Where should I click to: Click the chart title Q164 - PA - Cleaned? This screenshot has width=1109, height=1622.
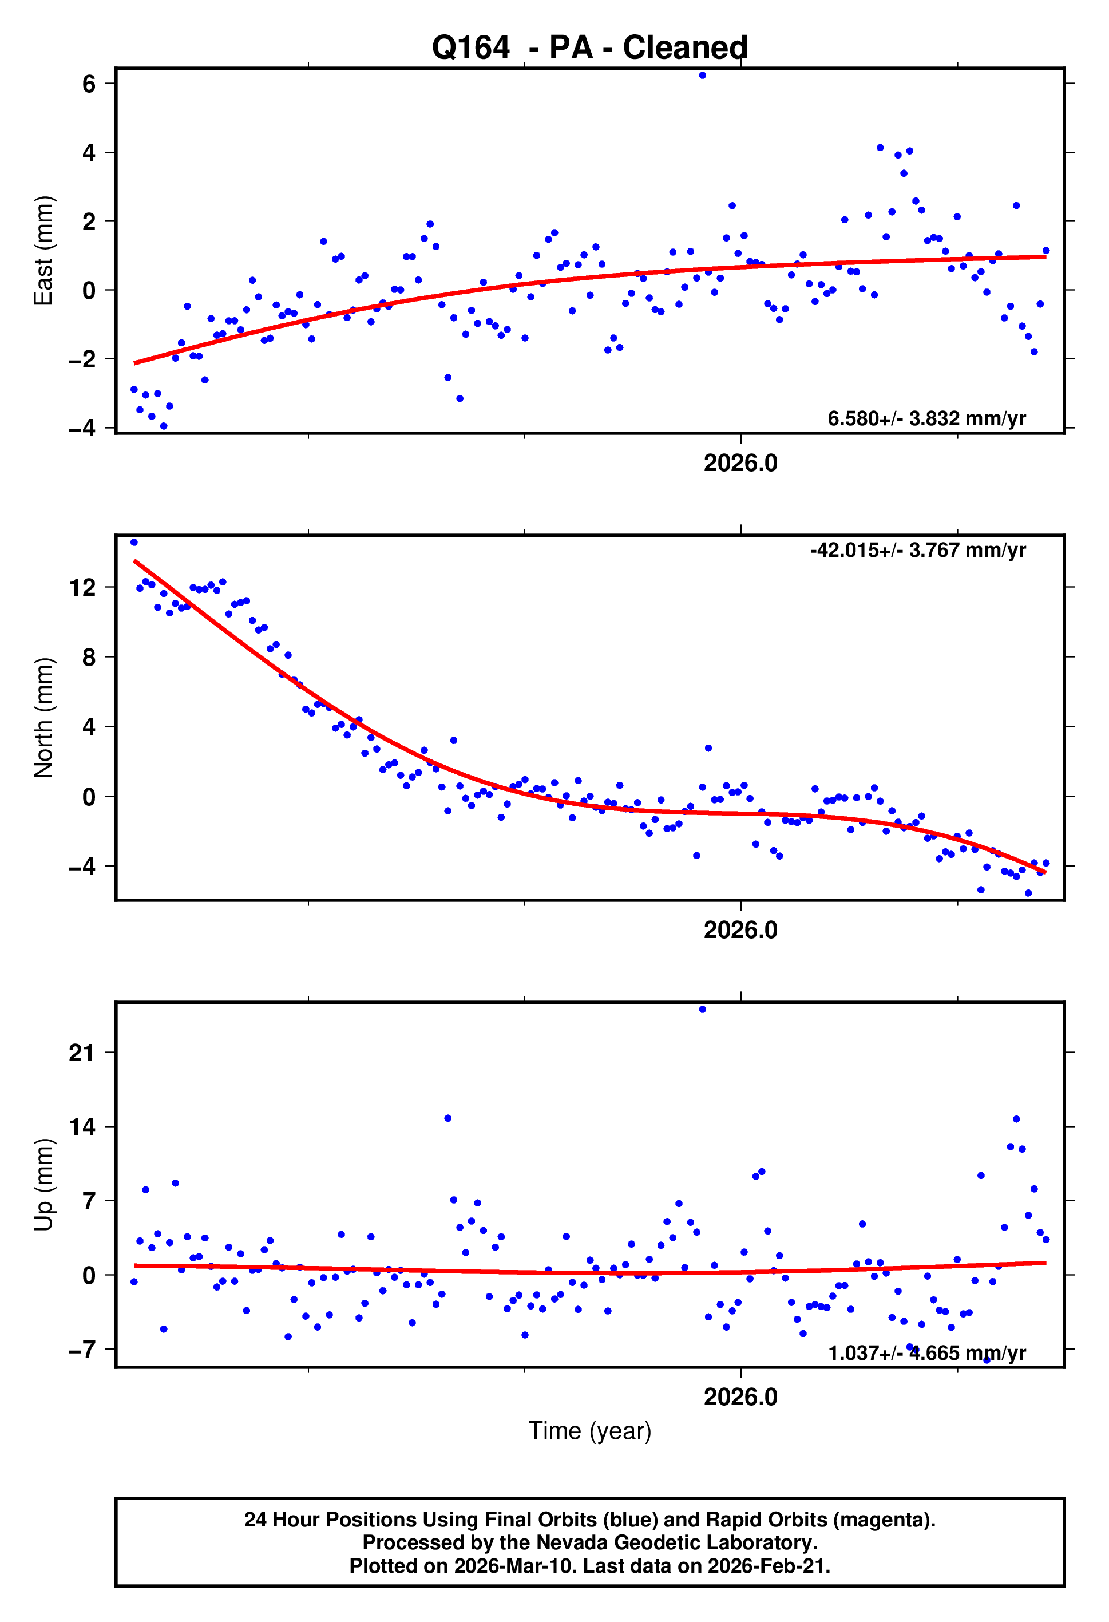coord(590,48)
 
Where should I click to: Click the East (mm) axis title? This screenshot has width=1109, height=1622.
coord(43,251)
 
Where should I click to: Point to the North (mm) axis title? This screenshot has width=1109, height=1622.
coord(43,718)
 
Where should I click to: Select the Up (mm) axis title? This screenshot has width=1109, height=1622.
coord(43,1184)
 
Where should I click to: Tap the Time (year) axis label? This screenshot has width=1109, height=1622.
coord(590,1431)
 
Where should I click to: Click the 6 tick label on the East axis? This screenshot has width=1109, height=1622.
coord(89,85)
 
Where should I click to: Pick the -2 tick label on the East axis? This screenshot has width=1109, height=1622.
coord(82,359)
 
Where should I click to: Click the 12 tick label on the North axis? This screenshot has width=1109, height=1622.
coord(82,588)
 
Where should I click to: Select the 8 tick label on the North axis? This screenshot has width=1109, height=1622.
coord(89,658)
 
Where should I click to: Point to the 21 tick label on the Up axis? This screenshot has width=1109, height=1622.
coord(82,1053)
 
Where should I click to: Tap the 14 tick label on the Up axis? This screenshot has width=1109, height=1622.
coord(82,1126)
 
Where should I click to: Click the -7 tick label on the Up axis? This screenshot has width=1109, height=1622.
coord(82,1349)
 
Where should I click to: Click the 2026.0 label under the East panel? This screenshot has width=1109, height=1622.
coord(740,464)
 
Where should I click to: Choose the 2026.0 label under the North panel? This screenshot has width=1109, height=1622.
coord(740,931)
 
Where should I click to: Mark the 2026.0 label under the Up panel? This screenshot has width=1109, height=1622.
coord(740,1397)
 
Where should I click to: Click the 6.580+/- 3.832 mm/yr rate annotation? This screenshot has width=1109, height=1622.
coord(926,419)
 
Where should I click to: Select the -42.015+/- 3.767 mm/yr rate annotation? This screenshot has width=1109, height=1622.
coord(918,551)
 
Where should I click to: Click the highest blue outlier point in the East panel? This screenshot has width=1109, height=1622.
coord(702,76)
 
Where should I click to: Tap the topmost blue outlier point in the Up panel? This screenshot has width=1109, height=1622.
coord(702,1009)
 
